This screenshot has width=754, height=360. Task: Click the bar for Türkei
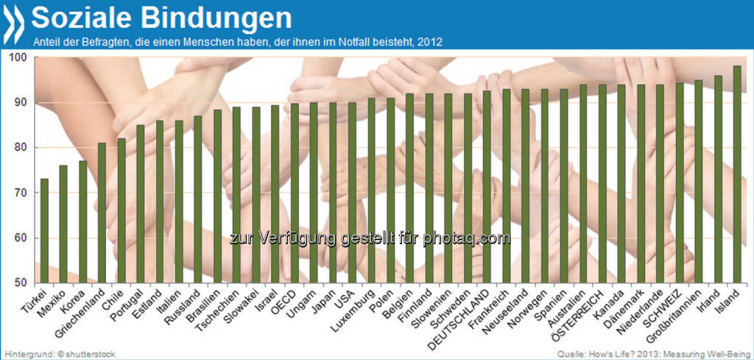[44, 230]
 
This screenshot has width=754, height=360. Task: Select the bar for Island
[736, 174]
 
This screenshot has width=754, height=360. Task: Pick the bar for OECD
[295, 193]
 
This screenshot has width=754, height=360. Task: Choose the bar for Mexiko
[63, 224]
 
